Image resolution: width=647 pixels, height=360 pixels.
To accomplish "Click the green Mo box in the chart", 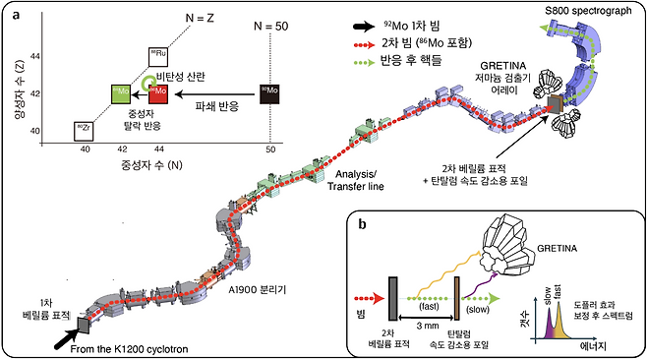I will click(x=119, y=95).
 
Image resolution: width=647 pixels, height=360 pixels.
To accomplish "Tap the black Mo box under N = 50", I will click(x=269, y=94).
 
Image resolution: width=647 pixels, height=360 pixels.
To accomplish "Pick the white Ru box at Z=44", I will click(x=158, y=57).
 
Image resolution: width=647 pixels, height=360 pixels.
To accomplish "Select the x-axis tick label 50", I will click(x=269, y=148).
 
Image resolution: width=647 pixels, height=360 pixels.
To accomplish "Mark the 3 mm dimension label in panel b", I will click(x=426, y=325).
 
